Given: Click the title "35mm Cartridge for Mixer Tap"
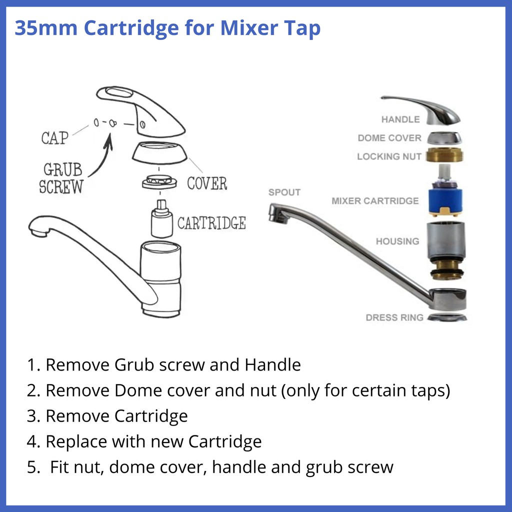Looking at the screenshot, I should [167, 28].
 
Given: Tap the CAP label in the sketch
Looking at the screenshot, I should [54, 138].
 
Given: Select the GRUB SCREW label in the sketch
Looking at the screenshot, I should [61, 178].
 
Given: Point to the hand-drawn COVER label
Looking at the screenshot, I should [207, 183].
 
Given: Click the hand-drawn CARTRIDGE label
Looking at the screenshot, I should [211, 223].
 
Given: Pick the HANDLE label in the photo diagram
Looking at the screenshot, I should [400, 119].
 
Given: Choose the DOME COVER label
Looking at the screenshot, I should [389, 138].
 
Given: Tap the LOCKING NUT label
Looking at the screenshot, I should [389, 156].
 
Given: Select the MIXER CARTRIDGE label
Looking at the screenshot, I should [375, 201].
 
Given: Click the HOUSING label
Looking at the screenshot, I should [397, 241].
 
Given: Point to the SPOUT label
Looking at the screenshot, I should [284, 192].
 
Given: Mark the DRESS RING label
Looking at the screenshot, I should [394, 317].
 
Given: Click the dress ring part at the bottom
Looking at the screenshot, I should [446, 317].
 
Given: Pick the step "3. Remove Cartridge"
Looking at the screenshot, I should [107, 416].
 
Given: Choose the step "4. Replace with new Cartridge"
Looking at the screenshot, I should [144, 442].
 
